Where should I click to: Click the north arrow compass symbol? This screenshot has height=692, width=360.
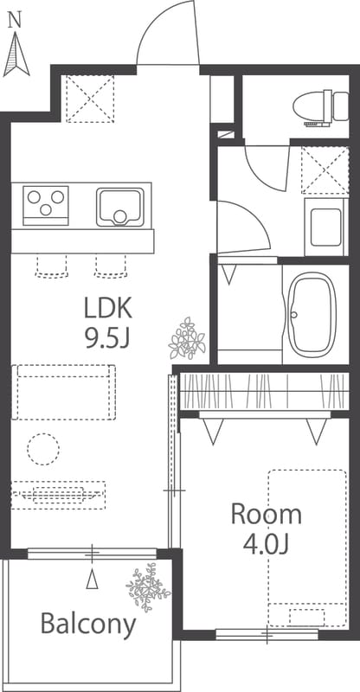point(16,54)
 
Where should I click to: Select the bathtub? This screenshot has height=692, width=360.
point(312,314)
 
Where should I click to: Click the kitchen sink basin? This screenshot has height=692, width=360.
point(120,207)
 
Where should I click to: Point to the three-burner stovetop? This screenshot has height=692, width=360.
point(46,206)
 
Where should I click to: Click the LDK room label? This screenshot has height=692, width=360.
point(108,309)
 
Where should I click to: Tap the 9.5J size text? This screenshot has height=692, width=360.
point(108,338)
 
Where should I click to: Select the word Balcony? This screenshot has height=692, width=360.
point(88,625)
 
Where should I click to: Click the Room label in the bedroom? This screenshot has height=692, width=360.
point(267,515)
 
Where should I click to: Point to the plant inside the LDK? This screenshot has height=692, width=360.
point(187,338)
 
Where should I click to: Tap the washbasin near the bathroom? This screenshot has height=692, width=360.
point(326,227)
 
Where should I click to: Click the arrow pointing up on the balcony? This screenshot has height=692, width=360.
point(92,579)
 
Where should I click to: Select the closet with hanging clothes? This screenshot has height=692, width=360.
point(265,391)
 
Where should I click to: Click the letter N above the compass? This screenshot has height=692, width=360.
point(16,20)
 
